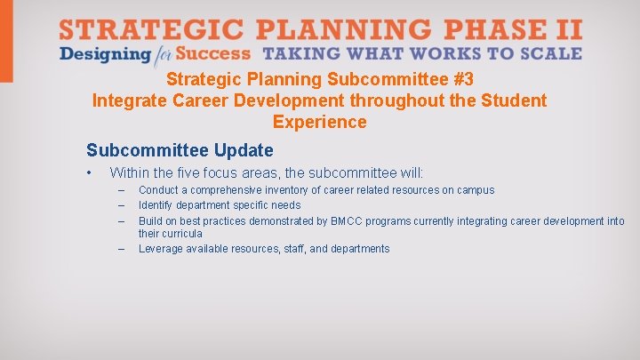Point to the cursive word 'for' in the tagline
(x=162, y=54)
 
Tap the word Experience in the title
(x=319, y=122)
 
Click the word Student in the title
(x=514, y=100)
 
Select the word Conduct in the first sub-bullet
(x=158, y=190)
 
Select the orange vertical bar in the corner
(x=6, y=40)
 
